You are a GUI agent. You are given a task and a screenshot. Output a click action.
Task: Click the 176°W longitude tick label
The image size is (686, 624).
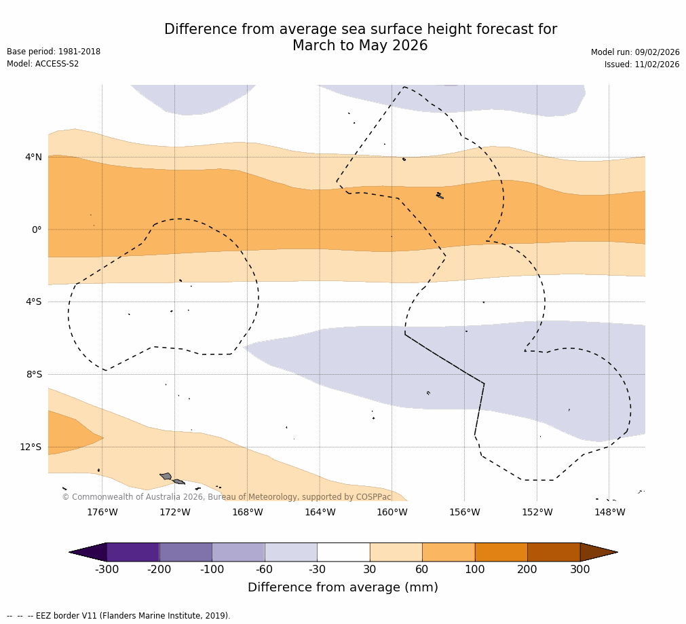click(102, 512)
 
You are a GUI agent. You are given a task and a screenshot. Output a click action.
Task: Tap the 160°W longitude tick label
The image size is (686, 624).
click(392, 512)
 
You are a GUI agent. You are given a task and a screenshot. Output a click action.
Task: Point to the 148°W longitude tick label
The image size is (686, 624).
click(609, 512)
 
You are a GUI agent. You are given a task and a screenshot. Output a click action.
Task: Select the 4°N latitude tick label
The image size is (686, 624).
click(33, 158)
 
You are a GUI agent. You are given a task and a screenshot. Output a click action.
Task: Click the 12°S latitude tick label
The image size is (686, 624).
click(31, 447)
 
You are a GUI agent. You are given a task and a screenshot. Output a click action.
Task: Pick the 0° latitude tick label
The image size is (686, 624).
click(37, 230)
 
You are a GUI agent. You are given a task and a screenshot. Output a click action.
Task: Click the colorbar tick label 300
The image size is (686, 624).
click(579, 569)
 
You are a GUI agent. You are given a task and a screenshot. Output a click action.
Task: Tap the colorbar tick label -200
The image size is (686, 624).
click(159, 569)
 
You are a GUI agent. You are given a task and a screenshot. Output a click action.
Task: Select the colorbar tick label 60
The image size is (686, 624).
click(422, 569)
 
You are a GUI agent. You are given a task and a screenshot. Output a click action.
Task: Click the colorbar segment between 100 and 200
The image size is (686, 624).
click(501, 552)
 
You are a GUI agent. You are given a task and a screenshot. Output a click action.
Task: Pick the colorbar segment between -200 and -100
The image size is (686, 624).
click(185, 552)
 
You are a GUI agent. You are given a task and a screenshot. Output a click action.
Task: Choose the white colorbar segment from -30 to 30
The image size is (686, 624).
click(343, 552)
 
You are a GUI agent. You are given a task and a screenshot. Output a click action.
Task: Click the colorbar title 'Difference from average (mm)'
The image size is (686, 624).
click(343, 587)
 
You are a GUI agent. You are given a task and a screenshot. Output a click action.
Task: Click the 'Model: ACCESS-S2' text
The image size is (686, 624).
click(43, 64)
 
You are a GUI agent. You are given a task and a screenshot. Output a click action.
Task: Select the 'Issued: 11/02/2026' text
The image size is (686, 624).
click(641, 65)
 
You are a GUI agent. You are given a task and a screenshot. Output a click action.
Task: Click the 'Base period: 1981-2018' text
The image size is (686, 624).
click(54, 52)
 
